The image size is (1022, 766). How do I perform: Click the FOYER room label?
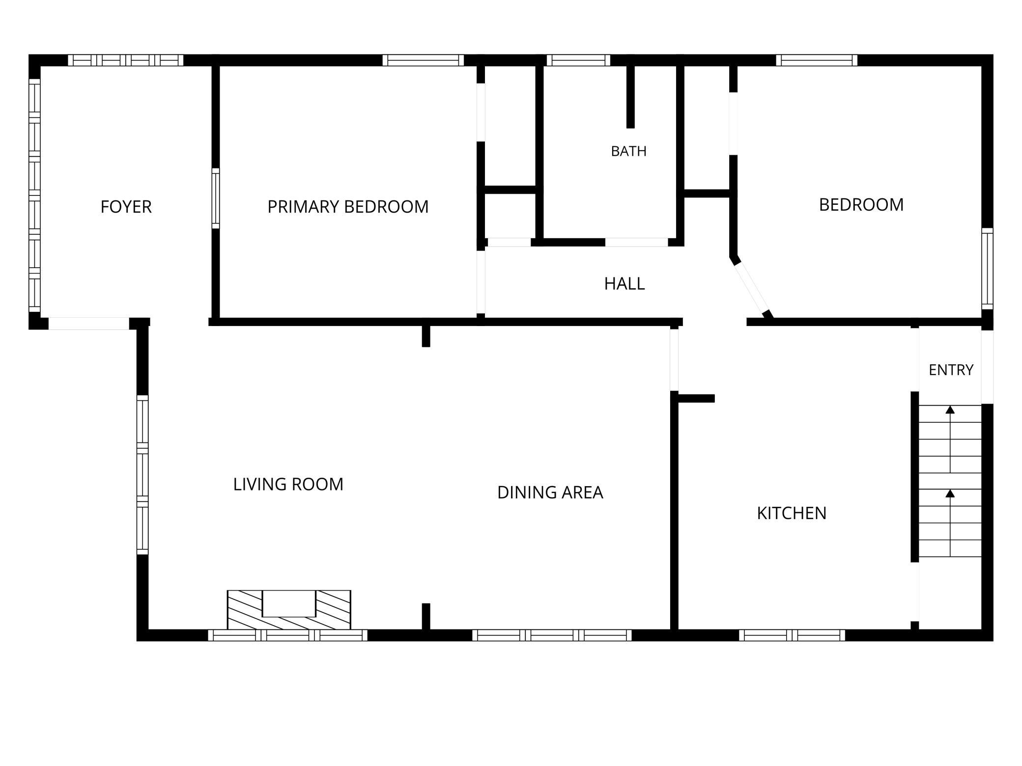pos(126,207)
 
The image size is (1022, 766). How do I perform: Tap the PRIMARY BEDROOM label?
pos(348,207)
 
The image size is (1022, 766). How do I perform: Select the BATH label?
pos(628,151)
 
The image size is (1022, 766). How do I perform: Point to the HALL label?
pos(624,283)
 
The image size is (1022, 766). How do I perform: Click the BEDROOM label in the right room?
pos(861,205)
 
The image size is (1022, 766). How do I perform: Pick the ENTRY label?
pos(951,370)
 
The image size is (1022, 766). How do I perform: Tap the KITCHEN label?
pos(791,513)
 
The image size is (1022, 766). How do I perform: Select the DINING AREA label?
pos(550,492)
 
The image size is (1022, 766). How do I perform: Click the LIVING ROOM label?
pos(288,484)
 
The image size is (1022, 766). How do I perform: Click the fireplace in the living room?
pos(289,610)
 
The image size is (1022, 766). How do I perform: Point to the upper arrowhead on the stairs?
pos(950,410)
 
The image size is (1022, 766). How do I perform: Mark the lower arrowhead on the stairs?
pos(950,493)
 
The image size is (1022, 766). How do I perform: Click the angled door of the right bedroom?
pos(752,290)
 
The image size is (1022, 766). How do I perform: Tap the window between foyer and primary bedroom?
pos(215,198)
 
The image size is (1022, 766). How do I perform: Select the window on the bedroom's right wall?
pos(987,269)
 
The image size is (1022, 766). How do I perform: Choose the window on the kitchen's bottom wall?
pos(792,635)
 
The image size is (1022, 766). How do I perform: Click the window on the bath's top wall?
pos(578,60)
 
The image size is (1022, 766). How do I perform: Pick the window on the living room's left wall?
pos(142,475)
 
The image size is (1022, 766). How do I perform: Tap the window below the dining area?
pos(552,635)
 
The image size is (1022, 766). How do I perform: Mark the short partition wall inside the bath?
pos(630,97)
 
